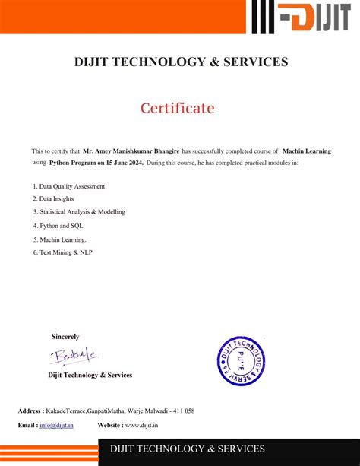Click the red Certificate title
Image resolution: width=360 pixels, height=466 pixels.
click(x=177, y=108)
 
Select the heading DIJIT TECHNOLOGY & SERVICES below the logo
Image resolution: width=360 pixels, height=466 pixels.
click(x=180, y=62)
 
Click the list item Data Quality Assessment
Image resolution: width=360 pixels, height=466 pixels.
click(x=71, y=186)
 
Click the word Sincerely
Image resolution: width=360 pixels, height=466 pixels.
click(x=65, y=336)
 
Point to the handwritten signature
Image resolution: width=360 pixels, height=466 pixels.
click(x=74, y=356)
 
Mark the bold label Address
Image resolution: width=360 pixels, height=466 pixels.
click(x=30, y=411)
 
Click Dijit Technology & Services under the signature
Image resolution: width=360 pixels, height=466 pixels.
click(x=90, y=375)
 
